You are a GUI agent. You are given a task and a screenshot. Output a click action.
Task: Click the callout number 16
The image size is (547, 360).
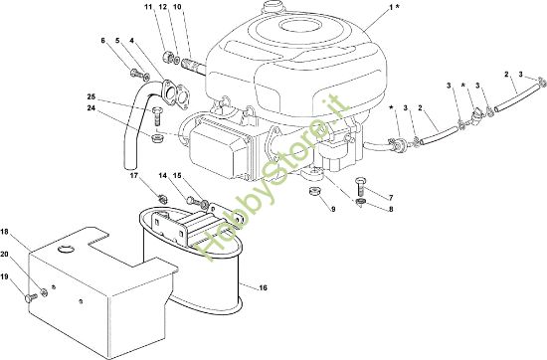tap(263, 287)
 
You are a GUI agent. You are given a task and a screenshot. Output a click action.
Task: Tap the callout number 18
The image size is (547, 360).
tap(4, 232)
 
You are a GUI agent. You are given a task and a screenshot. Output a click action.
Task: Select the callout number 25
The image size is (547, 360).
tap(91, 96)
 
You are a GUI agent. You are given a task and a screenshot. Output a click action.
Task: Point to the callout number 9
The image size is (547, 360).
tap(333, 209)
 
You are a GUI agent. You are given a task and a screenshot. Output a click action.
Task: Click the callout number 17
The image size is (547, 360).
tap(134, 175)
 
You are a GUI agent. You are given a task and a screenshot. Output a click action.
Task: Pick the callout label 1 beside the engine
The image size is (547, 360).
tap(391, 6)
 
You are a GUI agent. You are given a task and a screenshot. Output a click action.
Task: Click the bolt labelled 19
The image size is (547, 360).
tap(31, 298)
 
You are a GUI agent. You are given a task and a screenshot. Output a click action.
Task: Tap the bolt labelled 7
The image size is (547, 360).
tap(360, 186)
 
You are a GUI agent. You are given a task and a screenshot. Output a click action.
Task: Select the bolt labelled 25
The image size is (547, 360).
tap(156, 115)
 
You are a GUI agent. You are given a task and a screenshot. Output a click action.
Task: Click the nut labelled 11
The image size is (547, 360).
tap(167, 57)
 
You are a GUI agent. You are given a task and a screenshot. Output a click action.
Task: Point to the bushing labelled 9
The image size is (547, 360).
tap(315, 192)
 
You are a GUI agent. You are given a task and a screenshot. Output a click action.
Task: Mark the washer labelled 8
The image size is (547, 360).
tap(360, 201)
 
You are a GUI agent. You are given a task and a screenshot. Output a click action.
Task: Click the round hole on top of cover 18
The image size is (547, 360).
tap(66, 249)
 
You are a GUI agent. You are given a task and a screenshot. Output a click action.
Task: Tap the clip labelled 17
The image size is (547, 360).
tap(162, 199)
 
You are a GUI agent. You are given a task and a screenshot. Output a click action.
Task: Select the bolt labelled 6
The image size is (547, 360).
tap(137, 74)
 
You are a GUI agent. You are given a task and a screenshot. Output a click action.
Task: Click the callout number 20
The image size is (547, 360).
tap(4, 255)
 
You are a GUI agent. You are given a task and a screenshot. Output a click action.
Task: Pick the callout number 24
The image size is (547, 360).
tap(91, 108)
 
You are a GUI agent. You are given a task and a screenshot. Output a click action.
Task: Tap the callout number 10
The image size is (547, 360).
tap(178, 6)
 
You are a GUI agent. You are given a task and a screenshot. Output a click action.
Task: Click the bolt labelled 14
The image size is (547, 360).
tap(192, 201)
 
